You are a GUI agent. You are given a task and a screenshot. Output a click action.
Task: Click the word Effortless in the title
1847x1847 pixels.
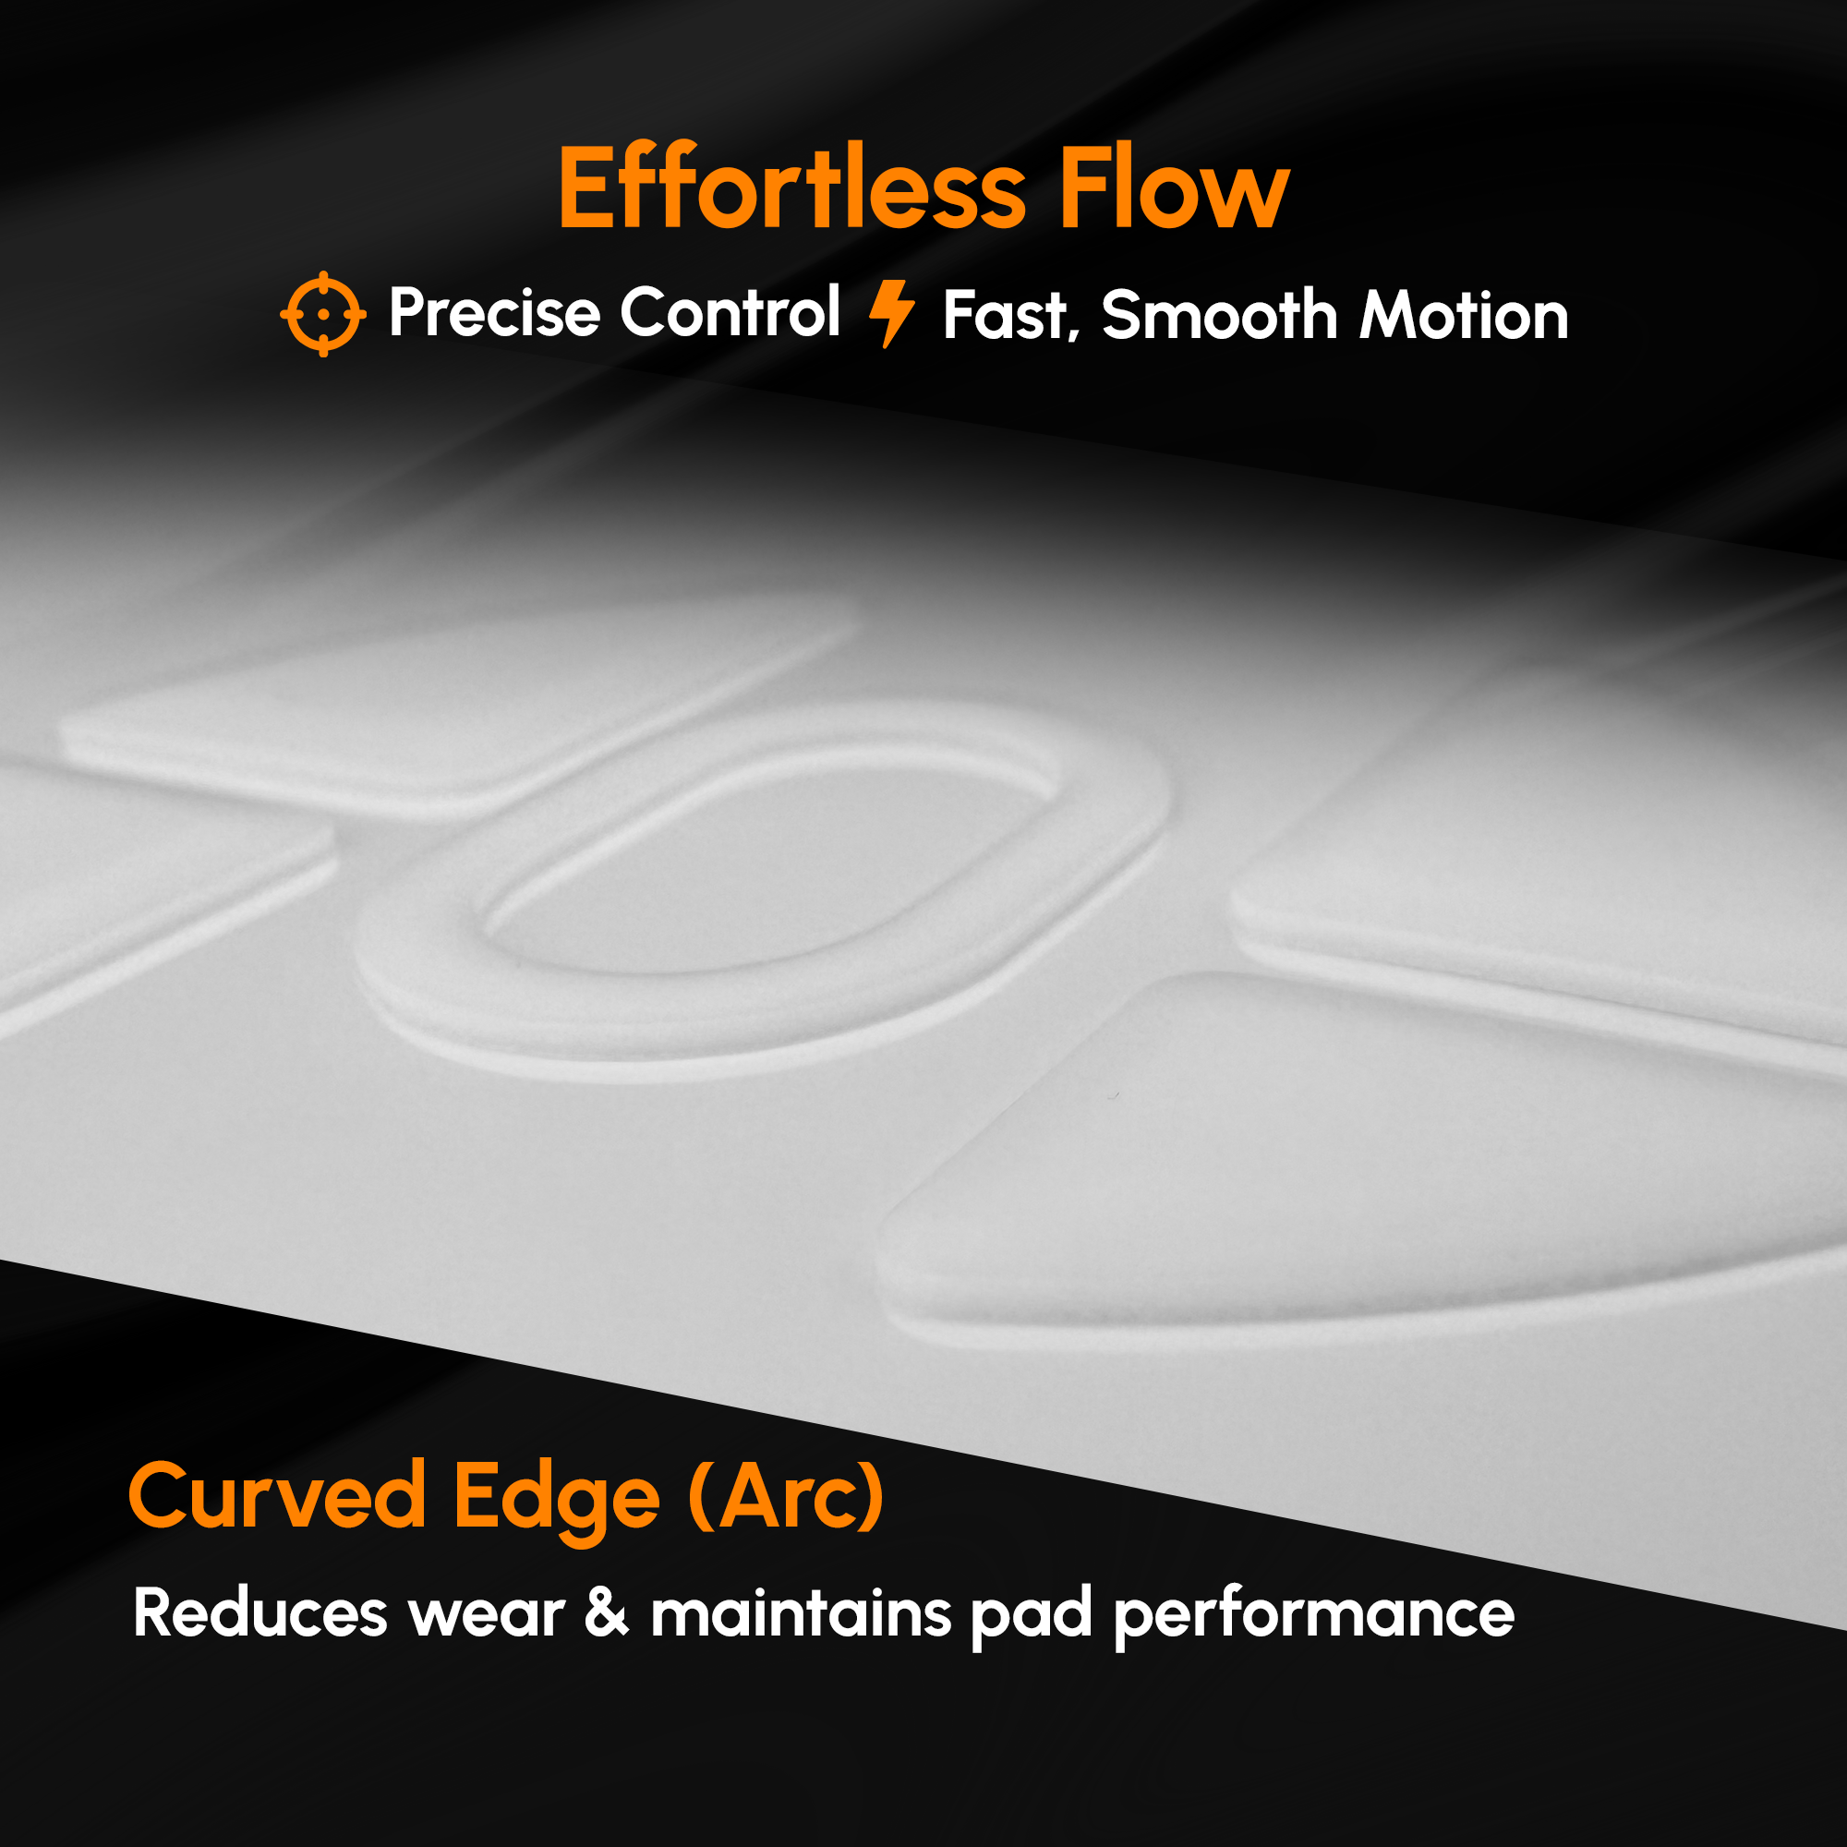pos(791,188)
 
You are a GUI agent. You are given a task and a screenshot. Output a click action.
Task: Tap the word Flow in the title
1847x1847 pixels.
pos(1174,188)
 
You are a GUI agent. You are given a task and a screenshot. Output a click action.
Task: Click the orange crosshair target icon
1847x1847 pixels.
pos(323,314)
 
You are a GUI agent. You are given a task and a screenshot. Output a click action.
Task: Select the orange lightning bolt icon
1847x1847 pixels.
pos(891,314)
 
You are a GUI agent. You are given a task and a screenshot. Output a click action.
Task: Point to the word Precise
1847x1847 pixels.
pos(494,313)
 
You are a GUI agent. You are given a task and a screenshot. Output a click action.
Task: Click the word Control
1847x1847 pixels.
pos(730,313)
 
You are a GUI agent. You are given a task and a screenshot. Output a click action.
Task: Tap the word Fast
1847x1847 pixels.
pos(1009,316)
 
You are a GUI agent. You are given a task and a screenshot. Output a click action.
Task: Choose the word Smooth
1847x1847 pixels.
pos(1219,316)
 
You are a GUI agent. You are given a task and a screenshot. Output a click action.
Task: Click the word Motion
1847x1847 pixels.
pos(1464,316)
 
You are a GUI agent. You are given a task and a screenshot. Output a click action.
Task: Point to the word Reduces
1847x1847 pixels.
pos(260,1613)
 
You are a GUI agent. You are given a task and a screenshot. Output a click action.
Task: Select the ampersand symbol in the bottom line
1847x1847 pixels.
pos(607,1613)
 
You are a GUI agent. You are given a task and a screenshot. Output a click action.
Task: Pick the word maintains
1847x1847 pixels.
pos(801,1613)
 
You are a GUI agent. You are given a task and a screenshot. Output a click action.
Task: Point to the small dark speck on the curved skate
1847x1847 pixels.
pos(1112,1096)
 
